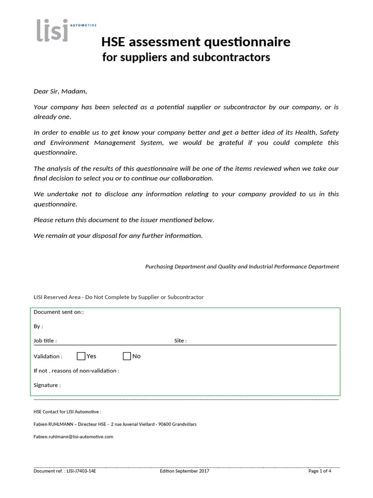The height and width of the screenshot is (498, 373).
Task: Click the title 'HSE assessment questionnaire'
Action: (x=196, y=42)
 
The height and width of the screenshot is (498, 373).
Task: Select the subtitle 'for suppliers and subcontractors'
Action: (x=186, y=57)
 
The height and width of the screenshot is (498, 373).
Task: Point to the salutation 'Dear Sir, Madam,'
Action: (x=60, y=91)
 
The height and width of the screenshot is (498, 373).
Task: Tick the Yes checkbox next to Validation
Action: (x=81, y=356)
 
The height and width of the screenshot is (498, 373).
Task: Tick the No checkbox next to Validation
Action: (x=127, y=356)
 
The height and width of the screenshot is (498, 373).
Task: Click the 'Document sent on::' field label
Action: (x=59, y=312)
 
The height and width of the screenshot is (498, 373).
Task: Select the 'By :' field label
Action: (x=38, y=326)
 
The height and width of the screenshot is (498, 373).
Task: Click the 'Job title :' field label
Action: (x=45, y=341)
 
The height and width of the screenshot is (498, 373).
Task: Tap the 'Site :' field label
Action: (x=180, y=341)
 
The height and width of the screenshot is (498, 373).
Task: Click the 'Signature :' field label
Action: (x=47, y=385)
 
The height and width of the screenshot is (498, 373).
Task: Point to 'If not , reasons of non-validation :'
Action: (x=76, y=371)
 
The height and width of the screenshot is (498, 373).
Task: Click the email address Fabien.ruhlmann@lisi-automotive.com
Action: (x=73, y=437)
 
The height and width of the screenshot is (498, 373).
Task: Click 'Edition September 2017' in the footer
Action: (x=185, y=471)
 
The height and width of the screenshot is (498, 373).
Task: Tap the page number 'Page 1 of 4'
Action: (x=320, y=471)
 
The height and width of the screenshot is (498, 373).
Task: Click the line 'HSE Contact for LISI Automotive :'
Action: (x=67, y=412)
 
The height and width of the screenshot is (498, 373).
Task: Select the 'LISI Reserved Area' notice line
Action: (x=119, y=297)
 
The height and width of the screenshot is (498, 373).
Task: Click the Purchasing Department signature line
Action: (x=242, y=267)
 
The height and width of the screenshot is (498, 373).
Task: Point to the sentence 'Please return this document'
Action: (x=124, y=220)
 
